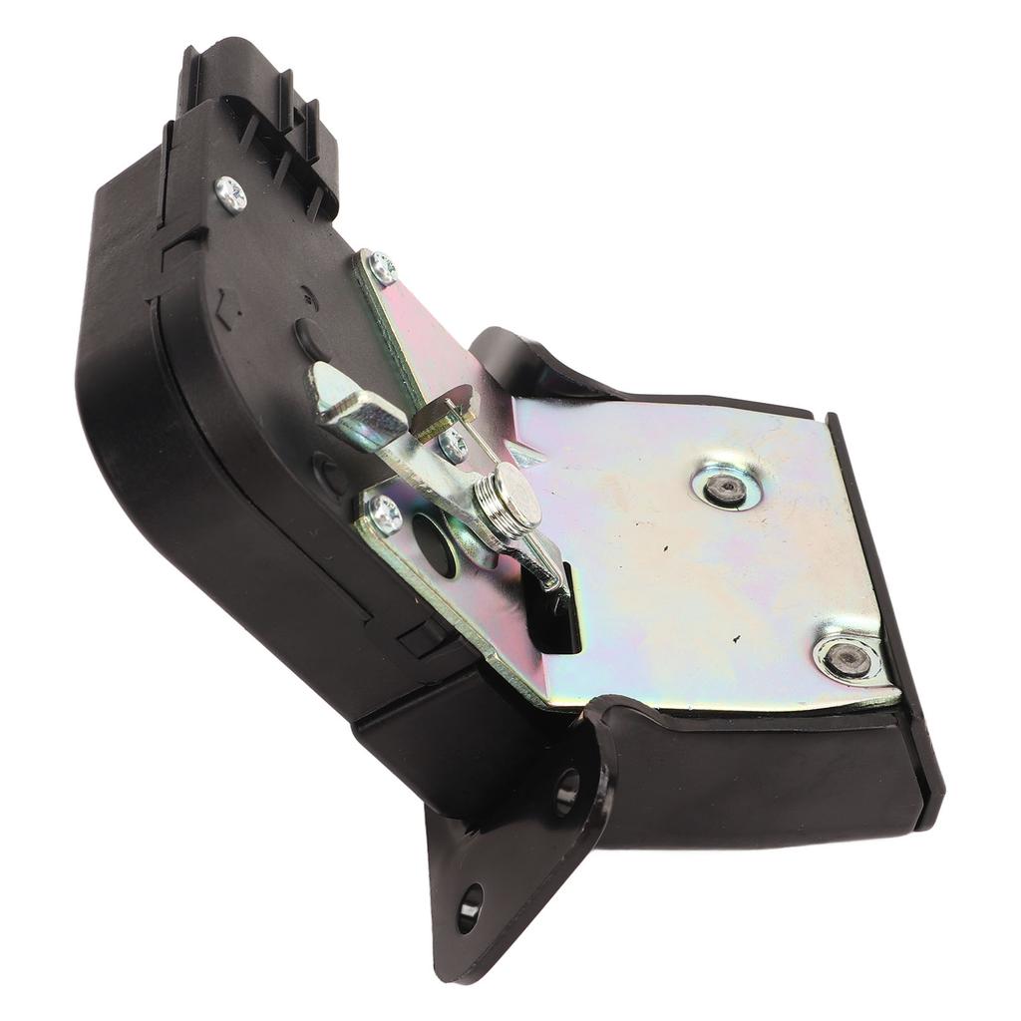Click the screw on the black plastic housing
[230, 193]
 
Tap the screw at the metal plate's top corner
[380, 266]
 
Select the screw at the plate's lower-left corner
[385, 512]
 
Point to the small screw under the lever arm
[453, 445]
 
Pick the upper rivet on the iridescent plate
[726, 486]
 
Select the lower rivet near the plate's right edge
[848, 657]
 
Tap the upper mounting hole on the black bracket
[566, 788]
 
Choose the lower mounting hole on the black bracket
[469, 907]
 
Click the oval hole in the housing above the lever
[311, 339]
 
